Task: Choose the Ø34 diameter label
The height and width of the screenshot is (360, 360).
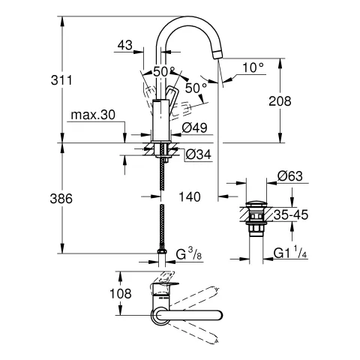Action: point(196,154)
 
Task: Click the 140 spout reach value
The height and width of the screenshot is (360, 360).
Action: point(190,197)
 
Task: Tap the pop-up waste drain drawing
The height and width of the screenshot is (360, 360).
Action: point(256,217)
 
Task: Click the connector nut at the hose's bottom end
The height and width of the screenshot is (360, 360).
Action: point(162,253)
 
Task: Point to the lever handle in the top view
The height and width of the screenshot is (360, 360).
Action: point(163,287)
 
